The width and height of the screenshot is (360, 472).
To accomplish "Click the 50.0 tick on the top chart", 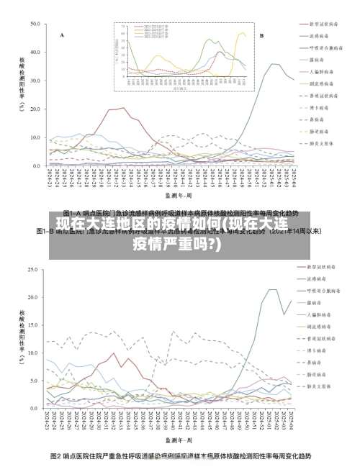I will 35,24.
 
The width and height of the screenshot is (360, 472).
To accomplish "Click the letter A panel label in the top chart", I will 62,35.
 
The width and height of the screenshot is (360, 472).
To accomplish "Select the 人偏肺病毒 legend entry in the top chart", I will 320,71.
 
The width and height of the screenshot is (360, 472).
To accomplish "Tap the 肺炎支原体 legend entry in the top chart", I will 320,142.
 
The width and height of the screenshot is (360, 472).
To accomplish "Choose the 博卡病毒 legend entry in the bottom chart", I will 318,350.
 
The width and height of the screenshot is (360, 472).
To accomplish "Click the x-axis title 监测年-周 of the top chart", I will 176,194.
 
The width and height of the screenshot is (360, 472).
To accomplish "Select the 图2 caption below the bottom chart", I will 181,456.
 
